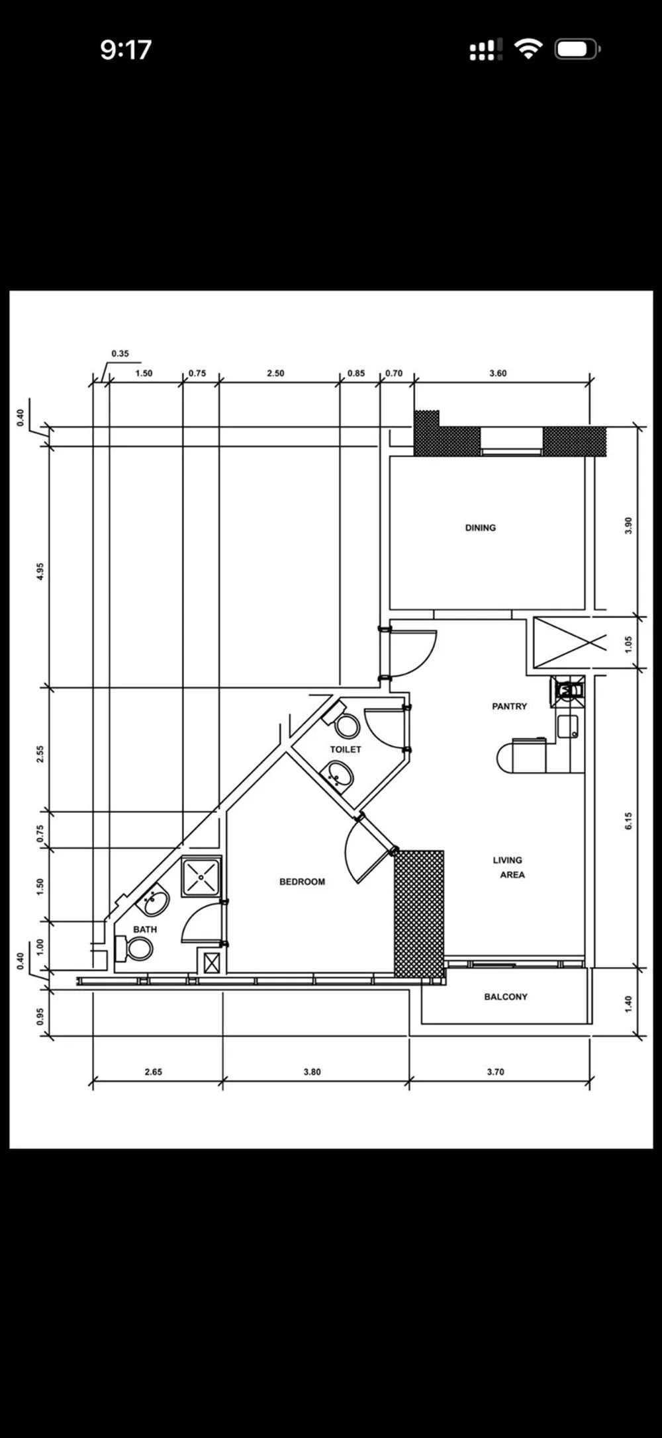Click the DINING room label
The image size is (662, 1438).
(480, 528)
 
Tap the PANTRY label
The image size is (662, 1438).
(509, 706)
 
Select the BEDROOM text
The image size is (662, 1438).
(302, 882)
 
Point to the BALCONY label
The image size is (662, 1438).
(505, 997)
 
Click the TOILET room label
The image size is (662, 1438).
(346, 749)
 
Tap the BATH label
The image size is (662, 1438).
(145, 929)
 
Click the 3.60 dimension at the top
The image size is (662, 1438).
(498, 373)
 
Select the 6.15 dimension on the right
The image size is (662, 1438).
(628, 821)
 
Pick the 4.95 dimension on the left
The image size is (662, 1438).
(40, 571)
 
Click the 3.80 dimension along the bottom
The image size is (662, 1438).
(312, 1072)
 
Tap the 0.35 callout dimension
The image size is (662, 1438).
(120, 353)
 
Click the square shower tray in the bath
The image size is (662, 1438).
(201, 876)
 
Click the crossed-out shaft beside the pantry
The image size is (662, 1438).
(570, 642)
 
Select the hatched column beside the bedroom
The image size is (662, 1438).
(418, 913)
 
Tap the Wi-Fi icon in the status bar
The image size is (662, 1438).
(528, 49)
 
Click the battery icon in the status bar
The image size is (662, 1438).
(577, 49)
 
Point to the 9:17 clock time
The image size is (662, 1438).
(126, 50)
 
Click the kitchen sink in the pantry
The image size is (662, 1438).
(567, 726)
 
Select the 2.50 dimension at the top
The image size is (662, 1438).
(275, 373)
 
